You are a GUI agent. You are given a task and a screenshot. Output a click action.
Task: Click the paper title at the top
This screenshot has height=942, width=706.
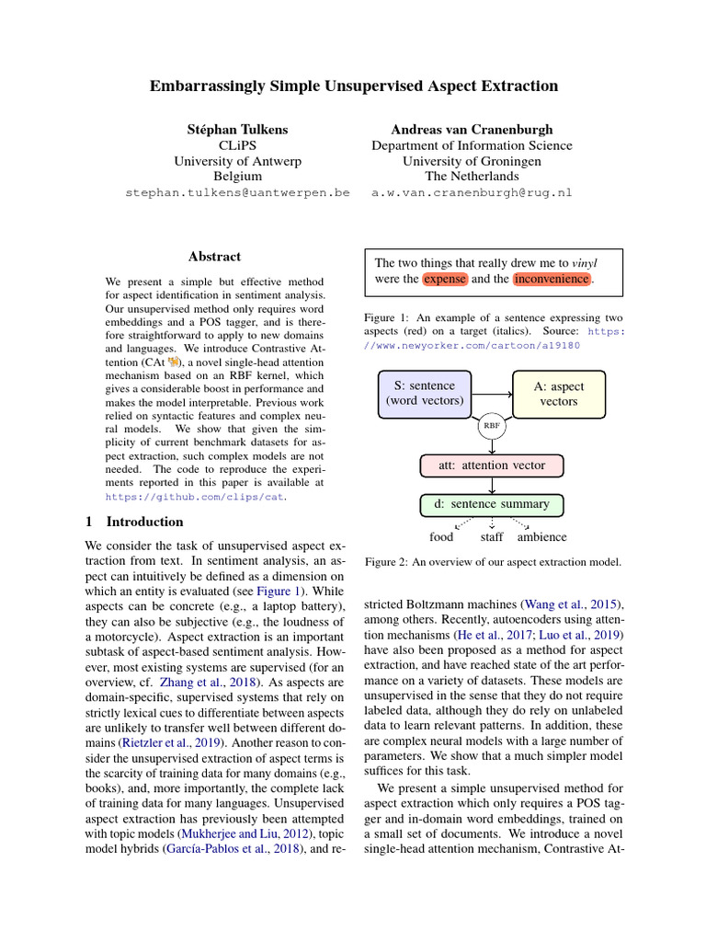(354, 86)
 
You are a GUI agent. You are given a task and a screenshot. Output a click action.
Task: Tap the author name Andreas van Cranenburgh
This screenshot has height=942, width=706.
(472, 130)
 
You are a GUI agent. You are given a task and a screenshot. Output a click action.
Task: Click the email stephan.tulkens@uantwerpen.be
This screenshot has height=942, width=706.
(237, 193)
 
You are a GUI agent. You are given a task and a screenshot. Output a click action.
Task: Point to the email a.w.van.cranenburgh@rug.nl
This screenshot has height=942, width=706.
(472, 193)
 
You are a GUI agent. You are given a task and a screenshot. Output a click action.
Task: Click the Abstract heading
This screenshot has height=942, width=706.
(214, 257)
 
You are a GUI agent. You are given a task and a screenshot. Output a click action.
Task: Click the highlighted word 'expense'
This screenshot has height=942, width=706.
(445, 279)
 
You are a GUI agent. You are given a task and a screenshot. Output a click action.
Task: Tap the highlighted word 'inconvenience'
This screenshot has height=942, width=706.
(552, 279)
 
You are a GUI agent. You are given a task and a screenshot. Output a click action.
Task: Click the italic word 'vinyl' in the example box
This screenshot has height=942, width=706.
(585, 262)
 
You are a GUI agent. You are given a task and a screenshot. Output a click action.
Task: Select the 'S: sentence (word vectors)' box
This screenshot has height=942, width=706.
(425, 393)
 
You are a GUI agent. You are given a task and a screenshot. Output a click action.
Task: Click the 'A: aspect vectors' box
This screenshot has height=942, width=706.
(558, 393)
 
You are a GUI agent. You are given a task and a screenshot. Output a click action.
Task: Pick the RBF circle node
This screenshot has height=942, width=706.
(492, 427)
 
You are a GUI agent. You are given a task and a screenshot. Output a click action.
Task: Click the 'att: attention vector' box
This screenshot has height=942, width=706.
(491, 465)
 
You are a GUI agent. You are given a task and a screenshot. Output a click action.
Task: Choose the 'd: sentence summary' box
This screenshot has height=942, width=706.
(491, 504)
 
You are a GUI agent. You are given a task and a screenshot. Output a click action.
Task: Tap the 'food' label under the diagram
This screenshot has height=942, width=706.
(441, 537)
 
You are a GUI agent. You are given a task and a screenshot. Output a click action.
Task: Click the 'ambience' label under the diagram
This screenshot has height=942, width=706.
(541, 537)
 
